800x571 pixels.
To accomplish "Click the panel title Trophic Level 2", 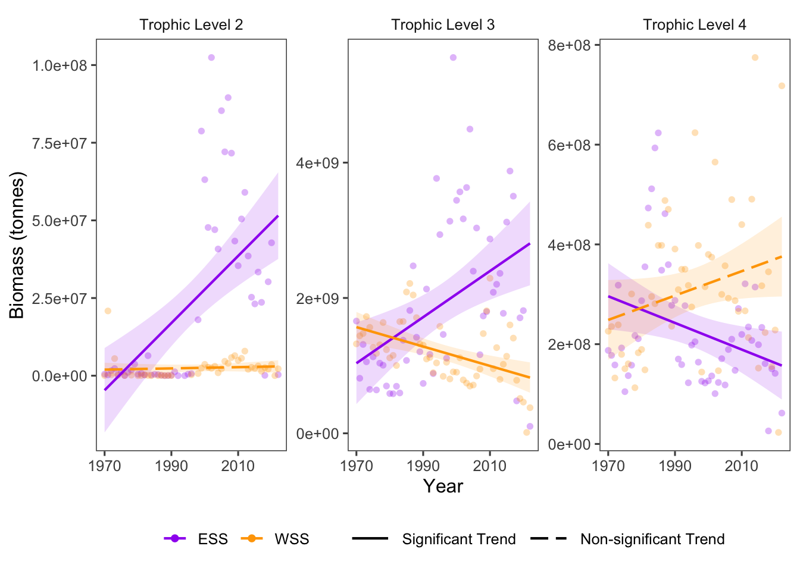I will click(x=191, y=25).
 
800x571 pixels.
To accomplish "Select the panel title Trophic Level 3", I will click(x=443, y=25).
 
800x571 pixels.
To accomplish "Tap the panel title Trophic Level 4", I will click(x=694, y=25).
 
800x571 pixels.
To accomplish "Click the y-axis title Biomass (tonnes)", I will click(x=17, y=245).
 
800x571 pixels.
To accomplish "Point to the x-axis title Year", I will click(x=443, y=487).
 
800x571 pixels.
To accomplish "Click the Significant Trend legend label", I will click(x=458, y=539).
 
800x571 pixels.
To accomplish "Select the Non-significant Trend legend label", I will click(x=652, y=539).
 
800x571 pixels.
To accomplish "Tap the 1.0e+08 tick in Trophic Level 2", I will click(x=60, y=65).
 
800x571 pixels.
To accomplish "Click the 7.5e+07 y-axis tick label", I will click(x=60, y=143).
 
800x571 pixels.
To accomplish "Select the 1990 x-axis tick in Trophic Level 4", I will click(x=675, y=466).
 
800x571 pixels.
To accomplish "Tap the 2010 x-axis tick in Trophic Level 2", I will click(x=237, y=466).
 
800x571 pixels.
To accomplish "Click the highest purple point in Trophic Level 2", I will click(x=211, y=58).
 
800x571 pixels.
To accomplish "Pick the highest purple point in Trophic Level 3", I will click(x=453, y=58).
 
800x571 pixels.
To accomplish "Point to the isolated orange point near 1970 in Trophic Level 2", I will click(x=108, y=311).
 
